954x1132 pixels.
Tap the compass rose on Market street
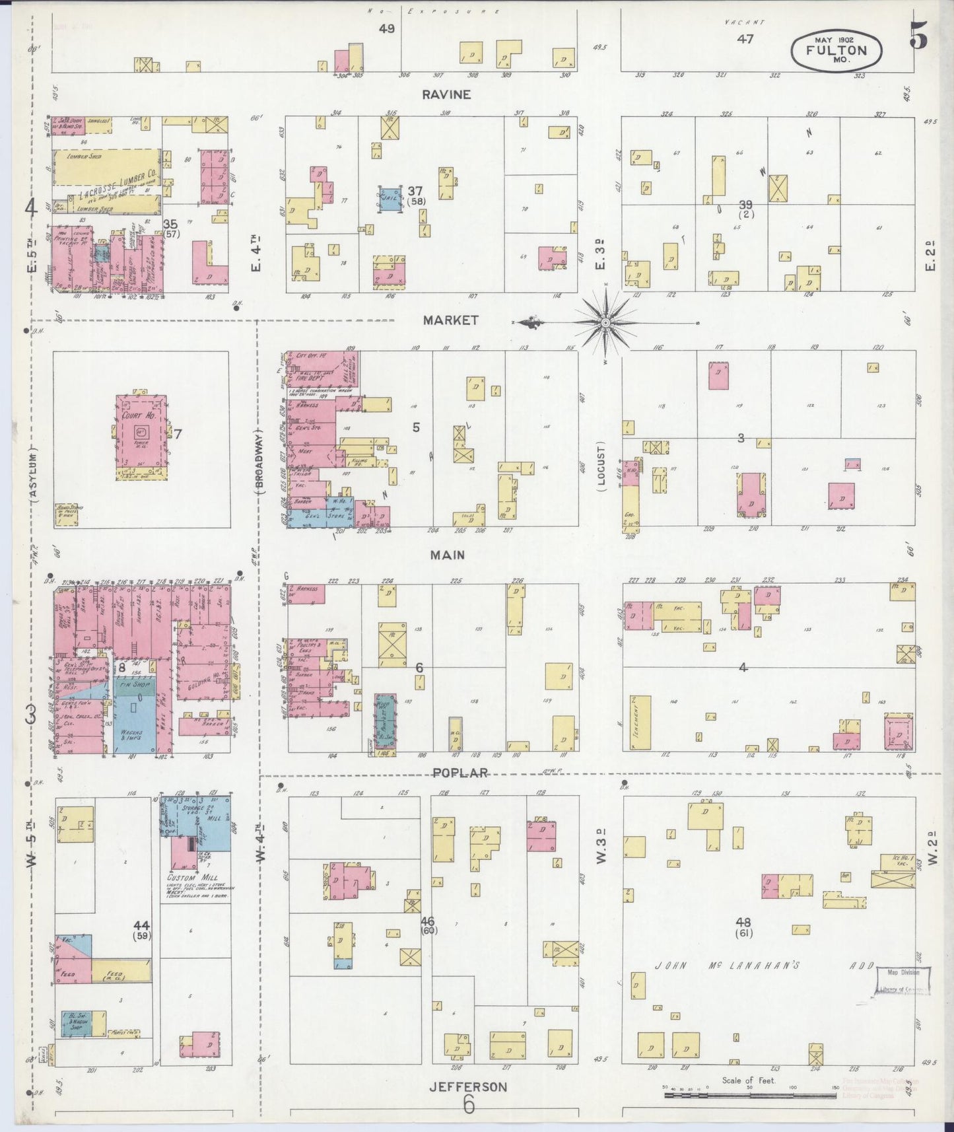[605, 323]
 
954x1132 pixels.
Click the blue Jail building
[390, 198]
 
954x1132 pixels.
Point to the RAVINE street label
[447, 94]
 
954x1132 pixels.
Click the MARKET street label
[451, 320]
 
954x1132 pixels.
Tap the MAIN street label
[447, 555]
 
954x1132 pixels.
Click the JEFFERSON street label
[468, 1086]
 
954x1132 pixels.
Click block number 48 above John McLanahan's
[745, 922]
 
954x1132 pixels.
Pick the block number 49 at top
[386, 28]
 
